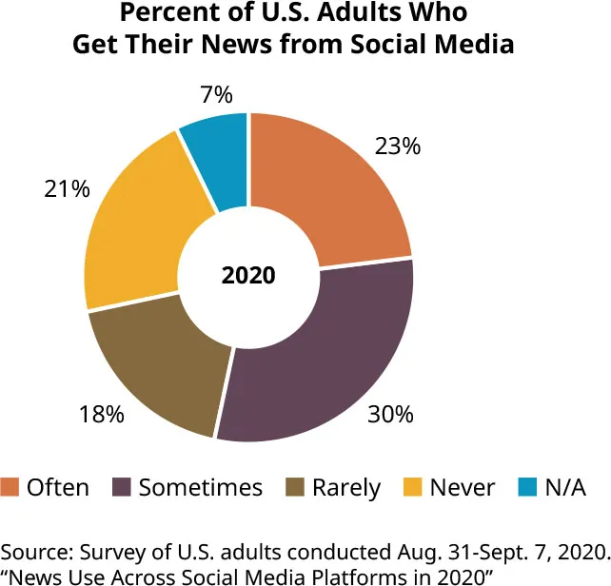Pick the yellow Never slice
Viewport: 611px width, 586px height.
click(143, 228)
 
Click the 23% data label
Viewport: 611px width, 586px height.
click(398, 146)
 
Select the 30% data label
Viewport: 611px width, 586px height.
click(391, 415)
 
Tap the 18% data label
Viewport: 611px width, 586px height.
click(103, 415)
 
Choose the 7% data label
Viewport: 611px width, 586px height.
click(217, 94)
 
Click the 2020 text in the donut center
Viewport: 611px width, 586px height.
click(248, 277)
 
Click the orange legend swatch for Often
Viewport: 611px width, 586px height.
click(10, 488)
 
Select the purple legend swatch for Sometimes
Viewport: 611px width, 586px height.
click(123, 488)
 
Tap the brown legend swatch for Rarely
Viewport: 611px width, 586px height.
click(297, 488)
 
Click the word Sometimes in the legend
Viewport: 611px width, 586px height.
click(200, 488)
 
